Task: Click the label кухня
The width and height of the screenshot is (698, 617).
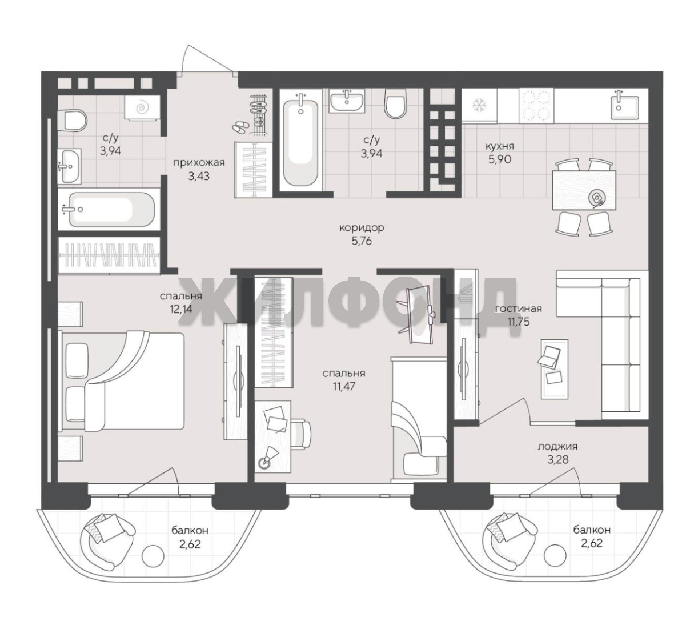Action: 499,146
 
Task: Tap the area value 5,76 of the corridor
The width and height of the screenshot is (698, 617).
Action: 362,241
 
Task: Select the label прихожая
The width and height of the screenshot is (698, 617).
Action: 199,162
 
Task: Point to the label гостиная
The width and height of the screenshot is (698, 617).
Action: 518,308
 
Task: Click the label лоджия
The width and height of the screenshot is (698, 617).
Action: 557,447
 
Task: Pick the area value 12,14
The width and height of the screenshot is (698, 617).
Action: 181,309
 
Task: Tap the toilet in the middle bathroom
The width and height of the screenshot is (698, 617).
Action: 395,104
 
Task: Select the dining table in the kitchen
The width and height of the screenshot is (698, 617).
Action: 584,190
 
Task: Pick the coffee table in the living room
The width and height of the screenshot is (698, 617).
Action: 555,369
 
